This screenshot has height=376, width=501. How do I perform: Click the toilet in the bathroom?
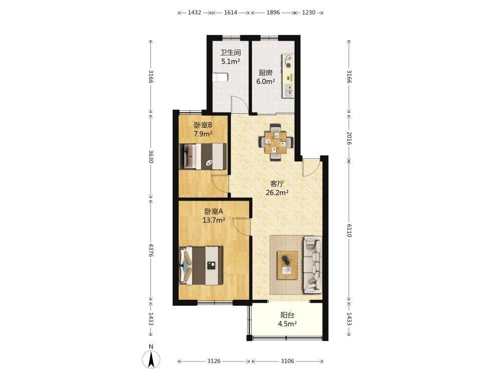coord(220,77)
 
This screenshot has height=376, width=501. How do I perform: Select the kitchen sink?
coord(288,90)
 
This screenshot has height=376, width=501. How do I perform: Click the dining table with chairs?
coord(276,142)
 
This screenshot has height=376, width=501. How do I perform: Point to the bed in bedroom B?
coord(203,156)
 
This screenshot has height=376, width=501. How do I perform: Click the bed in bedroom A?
coord(201,265)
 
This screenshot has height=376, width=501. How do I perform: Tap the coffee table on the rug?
coord(287,265)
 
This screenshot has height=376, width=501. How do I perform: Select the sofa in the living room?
coord(312,265)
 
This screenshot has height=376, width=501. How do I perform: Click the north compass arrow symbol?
coord(151,359)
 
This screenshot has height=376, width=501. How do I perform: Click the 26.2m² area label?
coord(278,193)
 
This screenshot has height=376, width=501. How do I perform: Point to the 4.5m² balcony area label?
coord(287,324)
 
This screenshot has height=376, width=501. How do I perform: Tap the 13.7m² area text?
coord(214,220)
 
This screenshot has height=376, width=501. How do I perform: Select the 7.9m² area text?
coord(203,134)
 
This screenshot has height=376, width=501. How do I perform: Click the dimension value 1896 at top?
coord(273,13)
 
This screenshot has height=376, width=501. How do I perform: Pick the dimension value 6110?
coord(349,230)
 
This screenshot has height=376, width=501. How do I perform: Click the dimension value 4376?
coord(151,250)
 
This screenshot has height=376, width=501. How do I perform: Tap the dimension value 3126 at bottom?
coord(214,361)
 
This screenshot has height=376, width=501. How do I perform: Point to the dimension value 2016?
coord(349,138)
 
